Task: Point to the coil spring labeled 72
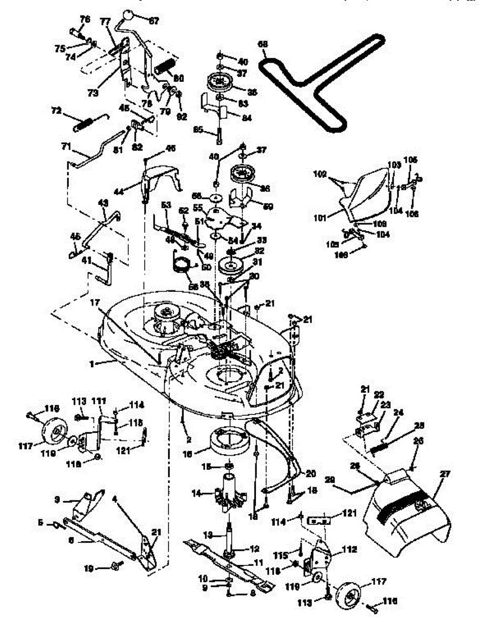pyautogui.click(x=86, y=124)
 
